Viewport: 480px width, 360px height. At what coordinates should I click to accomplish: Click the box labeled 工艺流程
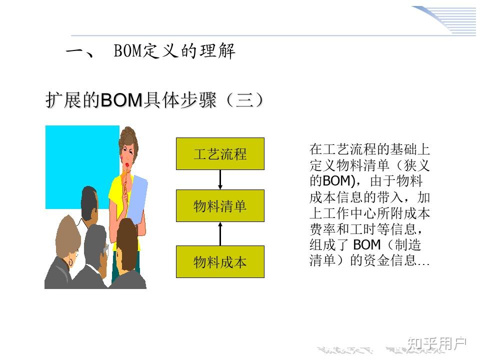click(220, 153)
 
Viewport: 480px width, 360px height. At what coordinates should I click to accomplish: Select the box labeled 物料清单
click(220, 205)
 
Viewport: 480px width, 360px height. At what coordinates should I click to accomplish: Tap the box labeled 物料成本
click(220, 261)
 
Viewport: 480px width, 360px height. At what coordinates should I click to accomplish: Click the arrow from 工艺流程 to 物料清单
click(220, 179)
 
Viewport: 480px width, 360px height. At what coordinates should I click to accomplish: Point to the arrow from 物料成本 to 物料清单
click(220, 234)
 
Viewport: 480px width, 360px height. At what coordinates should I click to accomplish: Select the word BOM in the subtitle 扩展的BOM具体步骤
click(122, 100)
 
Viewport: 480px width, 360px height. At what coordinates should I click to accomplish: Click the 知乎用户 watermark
click(436, 343)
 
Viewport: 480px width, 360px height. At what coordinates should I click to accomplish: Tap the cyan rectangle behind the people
click(75, 160)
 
